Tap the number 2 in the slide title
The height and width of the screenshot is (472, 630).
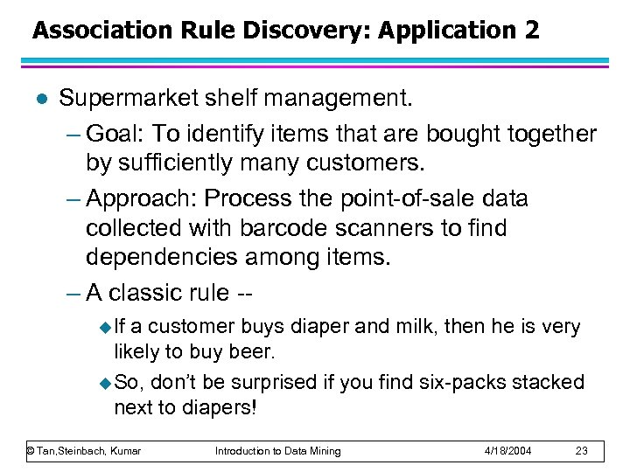pos(534,31)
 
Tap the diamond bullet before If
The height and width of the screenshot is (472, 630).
pos(107,328)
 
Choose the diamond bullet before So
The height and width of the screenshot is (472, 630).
pos(107,383)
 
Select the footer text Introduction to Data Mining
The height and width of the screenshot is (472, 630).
pos(278,451)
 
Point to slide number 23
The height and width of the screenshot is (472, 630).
pos(582,451)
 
